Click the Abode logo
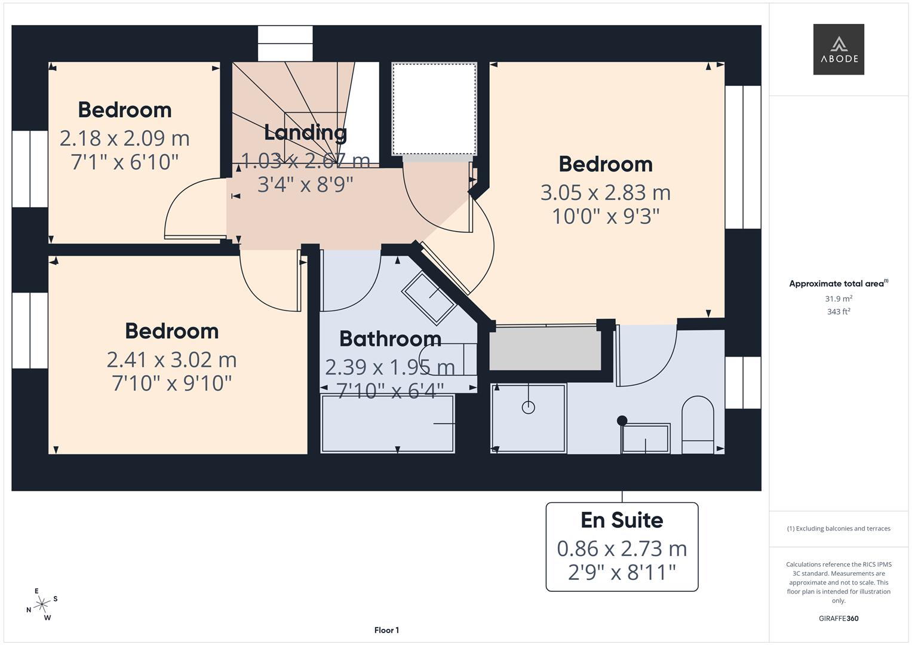[x=838, y=50]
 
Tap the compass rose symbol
[x=42, y=604]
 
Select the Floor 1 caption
[x=386, y=630]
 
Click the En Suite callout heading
[x=622, y=520]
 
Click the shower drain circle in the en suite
[x=528, y=407]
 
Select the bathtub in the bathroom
[x=388, y=423]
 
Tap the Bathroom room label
[x=390, y=339]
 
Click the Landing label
[x=305, y=132]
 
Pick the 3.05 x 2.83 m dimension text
[x=606, y=192]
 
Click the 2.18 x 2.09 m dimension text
[x=124, y=138]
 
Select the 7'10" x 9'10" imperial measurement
[x=171, y=383]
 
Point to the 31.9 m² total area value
[x=839, y=299]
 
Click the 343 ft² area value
[x=839, y=312]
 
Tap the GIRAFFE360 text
[x=839, y=618]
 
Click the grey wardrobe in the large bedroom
[x=545, y=349]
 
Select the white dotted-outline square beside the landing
[x=434, y=109]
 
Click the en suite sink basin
[x=645, y=438]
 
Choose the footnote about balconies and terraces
[x=839, y=529]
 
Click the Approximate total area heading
[x=838, y=284]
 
